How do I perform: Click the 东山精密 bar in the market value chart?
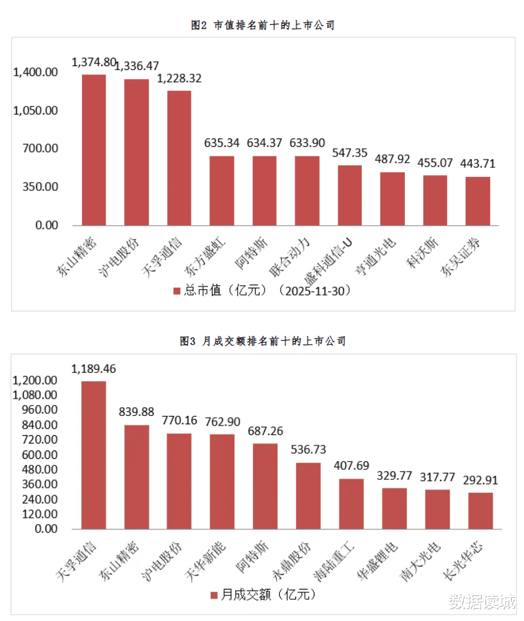94,150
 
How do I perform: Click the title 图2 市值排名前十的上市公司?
263,25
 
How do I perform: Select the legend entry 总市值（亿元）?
263,290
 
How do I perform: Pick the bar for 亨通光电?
392,199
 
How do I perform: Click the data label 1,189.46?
94,369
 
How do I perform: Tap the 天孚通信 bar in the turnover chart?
94,455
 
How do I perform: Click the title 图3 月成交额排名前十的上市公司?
263,342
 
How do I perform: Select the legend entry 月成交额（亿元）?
263,595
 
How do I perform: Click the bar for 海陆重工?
351,504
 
